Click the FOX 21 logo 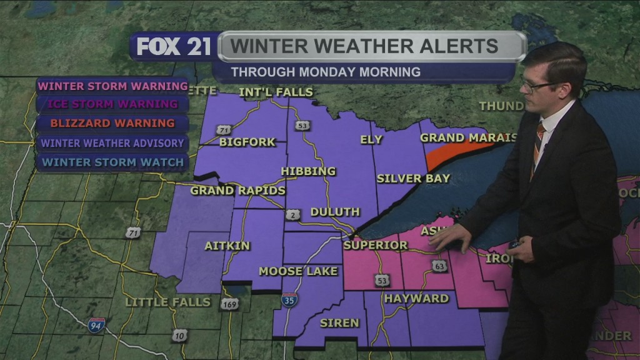(x=174, y=47)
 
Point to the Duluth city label (x=335, y=212)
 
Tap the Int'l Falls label (x=276, y=92)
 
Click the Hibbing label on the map (x=308, y=171)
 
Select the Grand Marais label (x=468, y=137)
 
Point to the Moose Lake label (x=298, y=271)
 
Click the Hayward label (x=416, y=299)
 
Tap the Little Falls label (x=167, y=302)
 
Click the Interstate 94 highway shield (x=96, y=324)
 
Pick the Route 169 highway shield (x=229, y=304)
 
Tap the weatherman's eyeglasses (x=539, y=86)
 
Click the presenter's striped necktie (x=537, y=147)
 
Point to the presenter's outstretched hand (x=449, y=237)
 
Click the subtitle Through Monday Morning (x=326, y=72)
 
